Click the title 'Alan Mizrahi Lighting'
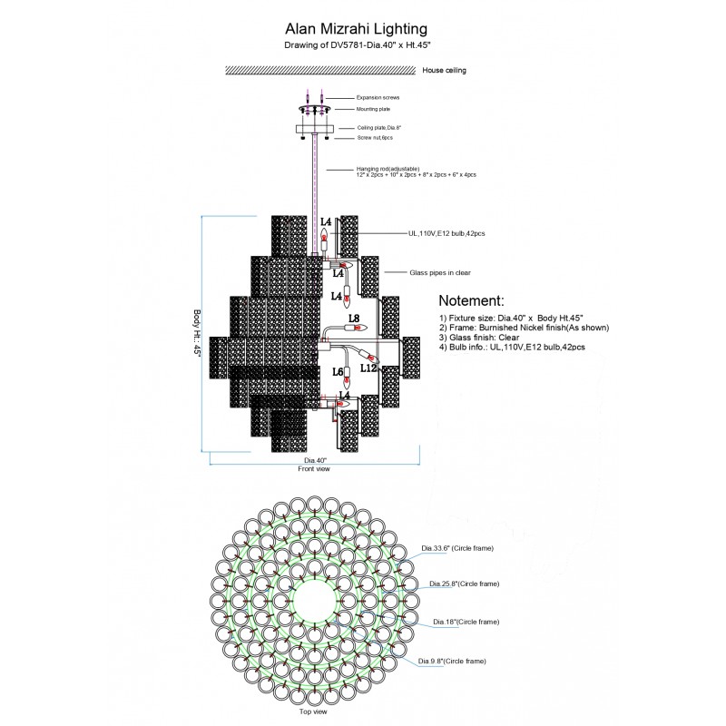coord(362,31)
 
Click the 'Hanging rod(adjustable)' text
coord(388,169)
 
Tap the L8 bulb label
coord(354,319)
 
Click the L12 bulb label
coord(368,368)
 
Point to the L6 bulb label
coord(338,372)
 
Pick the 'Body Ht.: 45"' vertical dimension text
coord(196,334)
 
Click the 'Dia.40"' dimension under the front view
coord(316,460)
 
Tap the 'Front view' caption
coord(314,470)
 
